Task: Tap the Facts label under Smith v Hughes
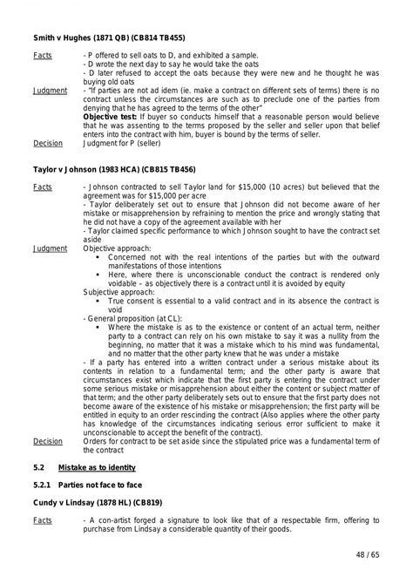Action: pyautogui.click(x=43, y=55)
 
